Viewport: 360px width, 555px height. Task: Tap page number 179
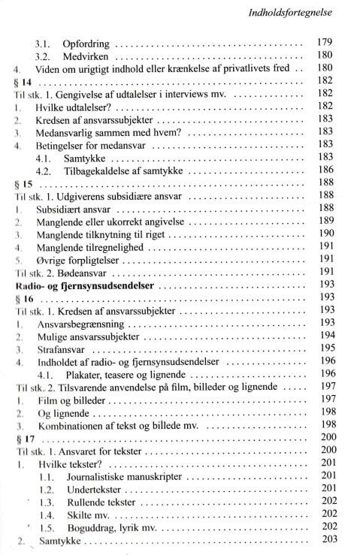coord(325,43)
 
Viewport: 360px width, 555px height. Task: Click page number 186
coord(325,172)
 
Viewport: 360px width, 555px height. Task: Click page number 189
coord(325,223)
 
